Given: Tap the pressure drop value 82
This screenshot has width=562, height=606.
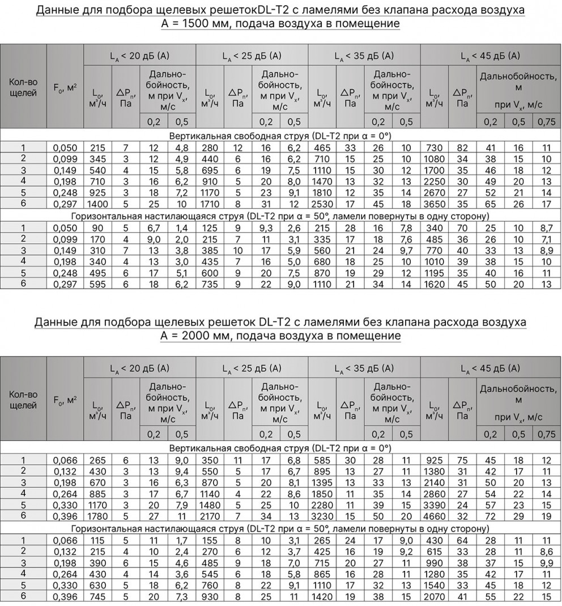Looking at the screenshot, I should [463, 148].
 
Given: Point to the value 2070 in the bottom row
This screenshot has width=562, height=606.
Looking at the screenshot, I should [435, 596].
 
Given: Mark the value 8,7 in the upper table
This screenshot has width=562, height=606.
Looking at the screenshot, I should [546, 228].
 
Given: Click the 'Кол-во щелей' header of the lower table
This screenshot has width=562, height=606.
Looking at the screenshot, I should [23, 400].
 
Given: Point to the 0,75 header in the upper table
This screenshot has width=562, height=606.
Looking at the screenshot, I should [546, 122].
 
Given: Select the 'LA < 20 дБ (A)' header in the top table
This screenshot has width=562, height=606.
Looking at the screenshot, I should [139, 56].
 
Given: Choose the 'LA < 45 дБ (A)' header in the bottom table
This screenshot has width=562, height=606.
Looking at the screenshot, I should [491, 368].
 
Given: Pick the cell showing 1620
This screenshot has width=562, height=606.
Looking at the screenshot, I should [435, 283].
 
